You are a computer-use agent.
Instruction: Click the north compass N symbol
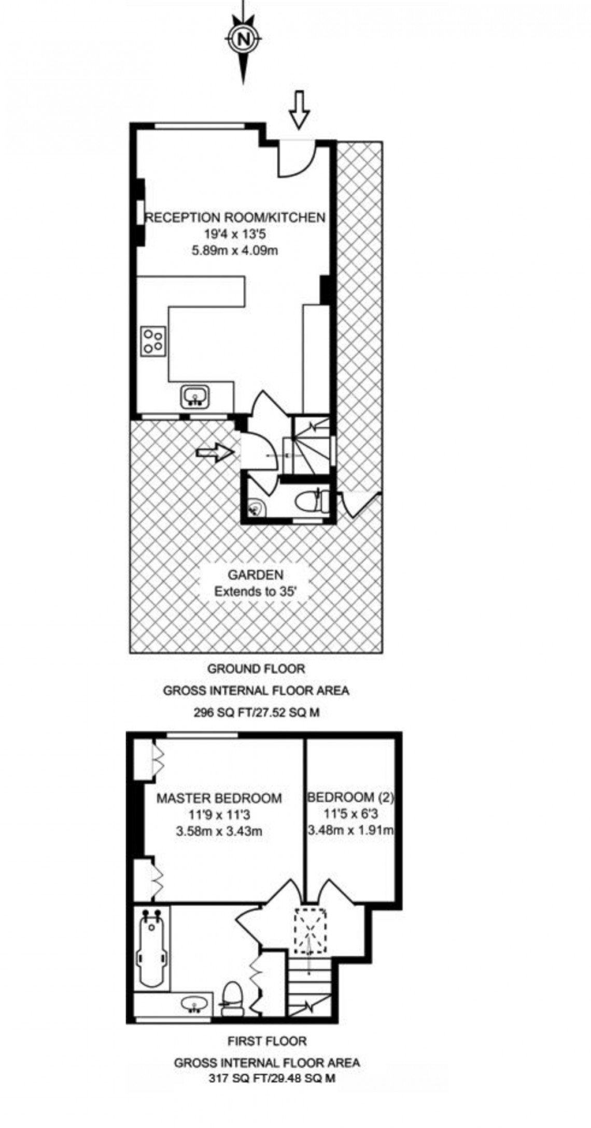[242, 38]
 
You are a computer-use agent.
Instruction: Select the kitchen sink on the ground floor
[195, 397]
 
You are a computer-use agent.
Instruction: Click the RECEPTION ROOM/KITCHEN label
[235, 217]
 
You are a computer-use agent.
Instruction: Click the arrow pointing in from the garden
[214, 452]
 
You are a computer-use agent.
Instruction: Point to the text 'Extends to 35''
[256, 591]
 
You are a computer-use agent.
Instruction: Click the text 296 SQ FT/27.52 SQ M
[256, 712]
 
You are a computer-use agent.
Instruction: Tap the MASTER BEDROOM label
[219, 798]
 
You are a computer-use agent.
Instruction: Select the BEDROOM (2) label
[351, 797]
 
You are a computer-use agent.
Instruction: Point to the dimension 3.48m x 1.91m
[351, 831]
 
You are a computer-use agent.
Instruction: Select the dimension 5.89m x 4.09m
[235, 251]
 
